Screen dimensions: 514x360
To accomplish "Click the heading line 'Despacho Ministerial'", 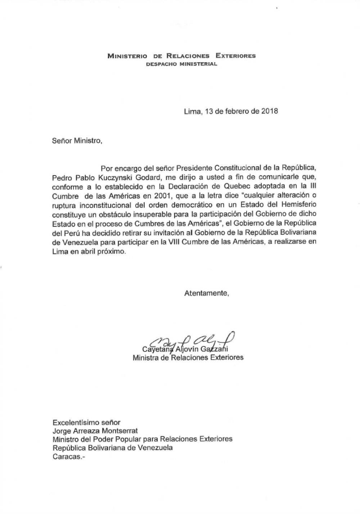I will [x=182, y=64].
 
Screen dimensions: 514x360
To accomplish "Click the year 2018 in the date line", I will [x=269, y=111].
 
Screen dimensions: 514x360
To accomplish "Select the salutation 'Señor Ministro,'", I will [x=77, y=141].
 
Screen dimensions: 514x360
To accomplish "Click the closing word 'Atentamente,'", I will [x=207, y=293].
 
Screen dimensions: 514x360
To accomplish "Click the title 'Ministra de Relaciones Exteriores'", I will [x=188, y=358].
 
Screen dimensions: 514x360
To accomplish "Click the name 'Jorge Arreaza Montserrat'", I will [x=95, y=431].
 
